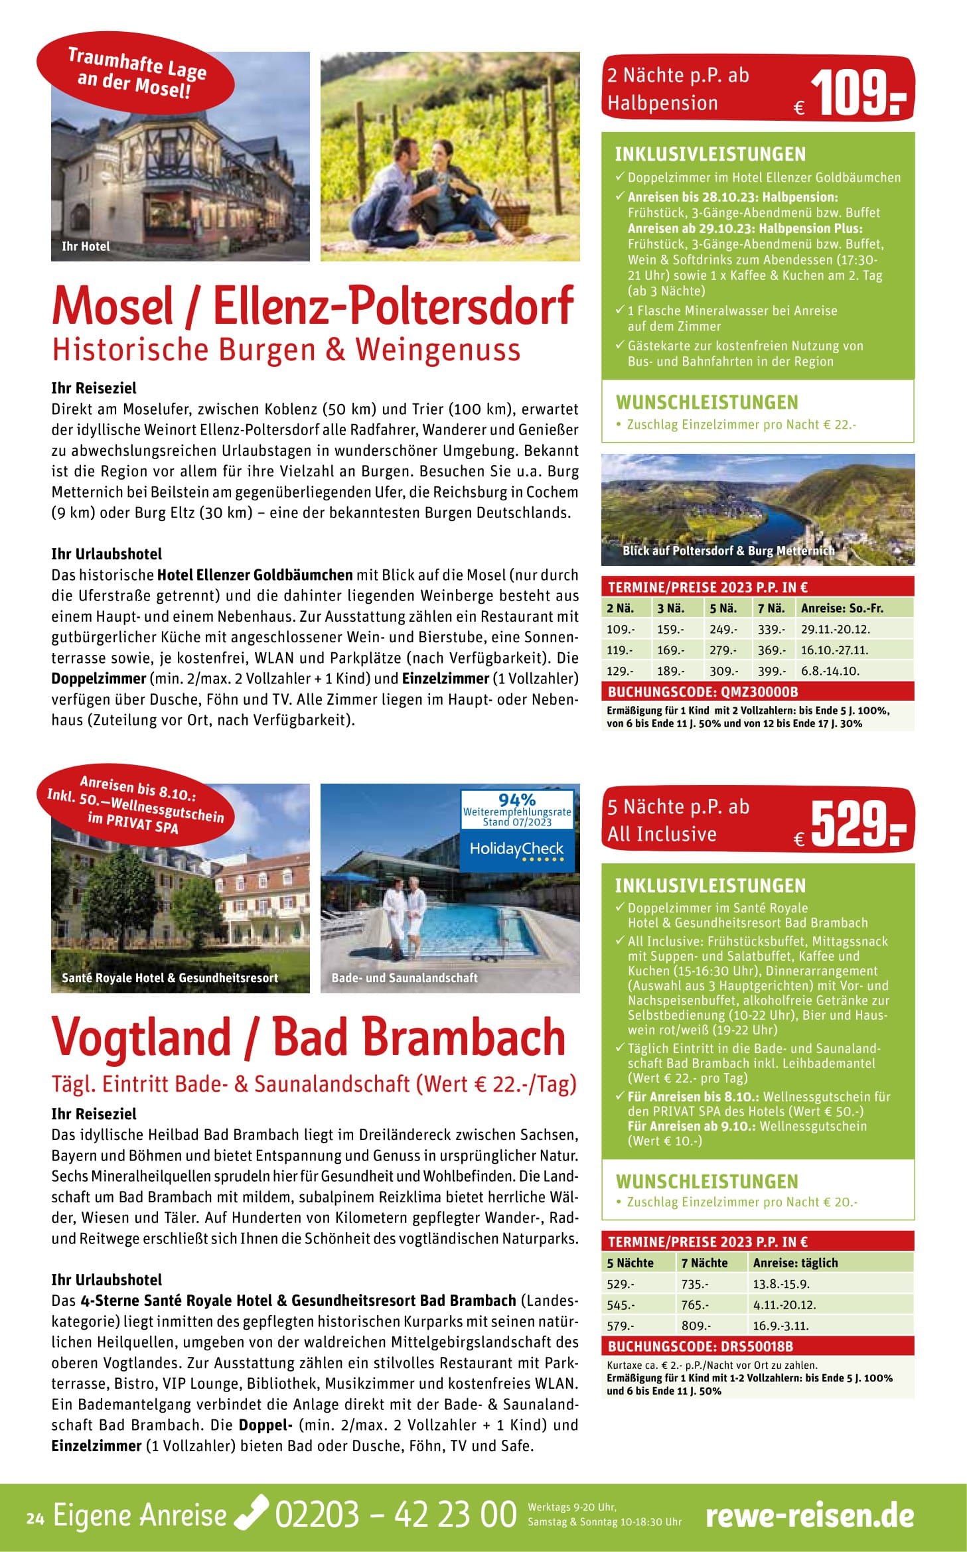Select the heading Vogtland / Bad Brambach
[x=309, y=1037]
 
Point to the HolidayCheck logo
[x=516, y=850]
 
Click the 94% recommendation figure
[x=516, y=800]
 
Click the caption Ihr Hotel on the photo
[x=86, y=247]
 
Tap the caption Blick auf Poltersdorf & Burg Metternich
[x=728, y=551]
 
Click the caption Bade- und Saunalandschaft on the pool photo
[x=404, y=978]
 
